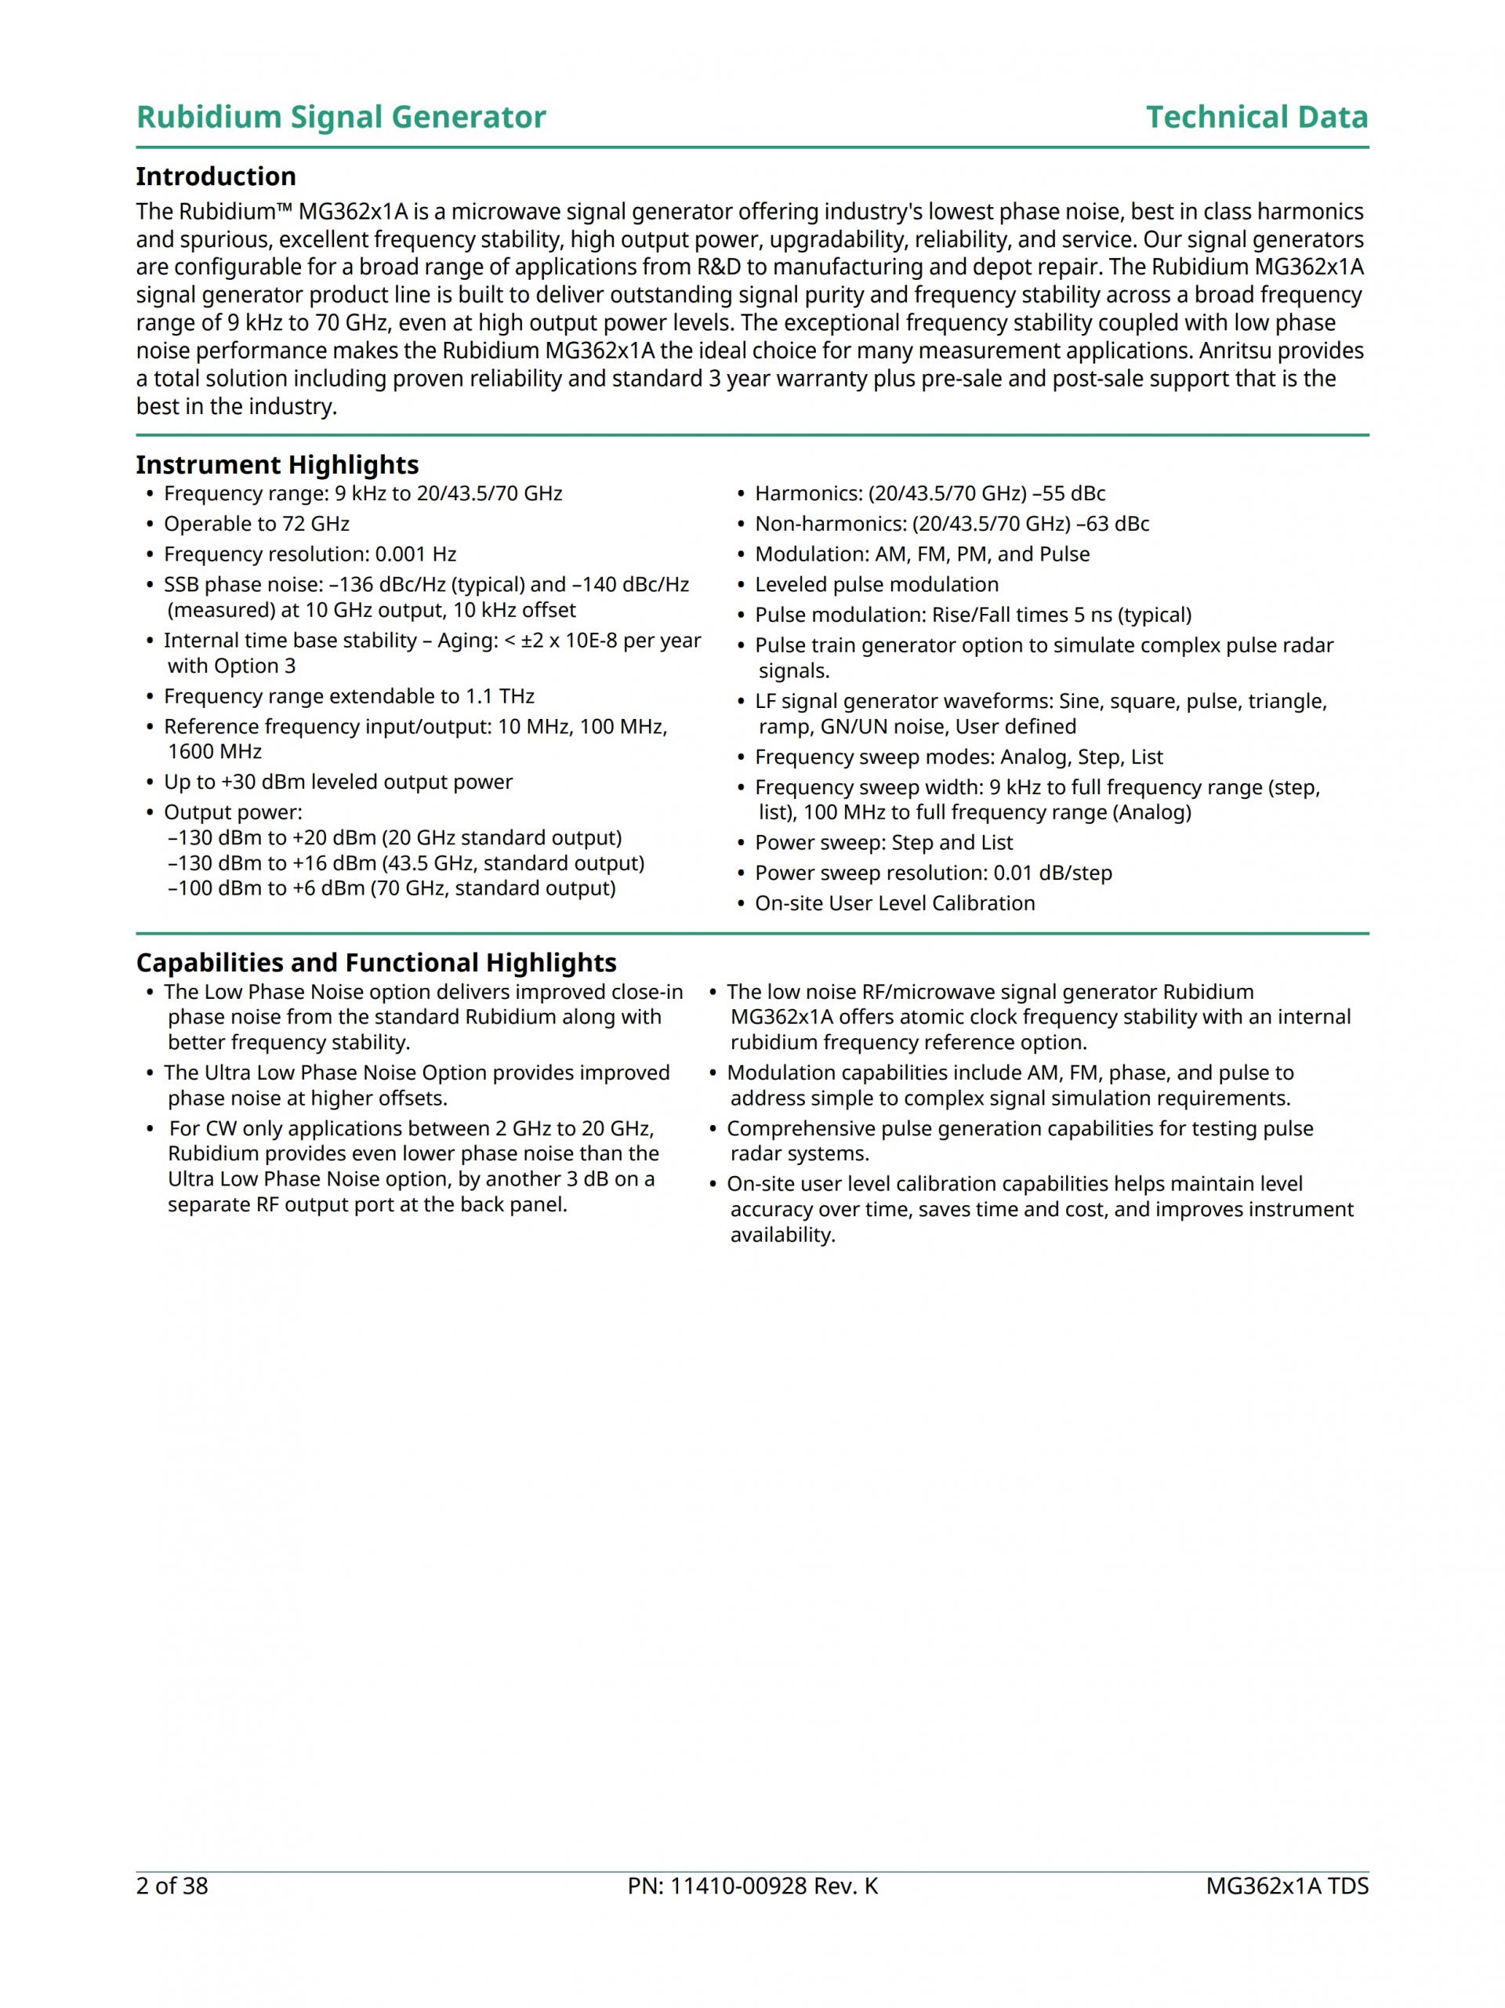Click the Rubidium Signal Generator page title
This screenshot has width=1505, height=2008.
coord(340,117)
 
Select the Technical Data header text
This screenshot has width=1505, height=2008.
coord(1257,117)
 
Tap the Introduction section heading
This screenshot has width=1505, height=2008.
coord(216,176)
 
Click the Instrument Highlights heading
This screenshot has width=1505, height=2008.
coord(277,465)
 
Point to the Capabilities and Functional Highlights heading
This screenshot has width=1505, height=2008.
coord(375,962)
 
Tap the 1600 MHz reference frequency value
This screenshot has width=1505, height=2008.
coord(214,752)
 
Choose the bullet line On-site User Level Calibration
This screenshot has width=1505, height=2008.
coord(894,903)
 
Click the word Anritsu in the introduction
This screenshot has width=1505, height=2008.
coord(1248,351)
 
